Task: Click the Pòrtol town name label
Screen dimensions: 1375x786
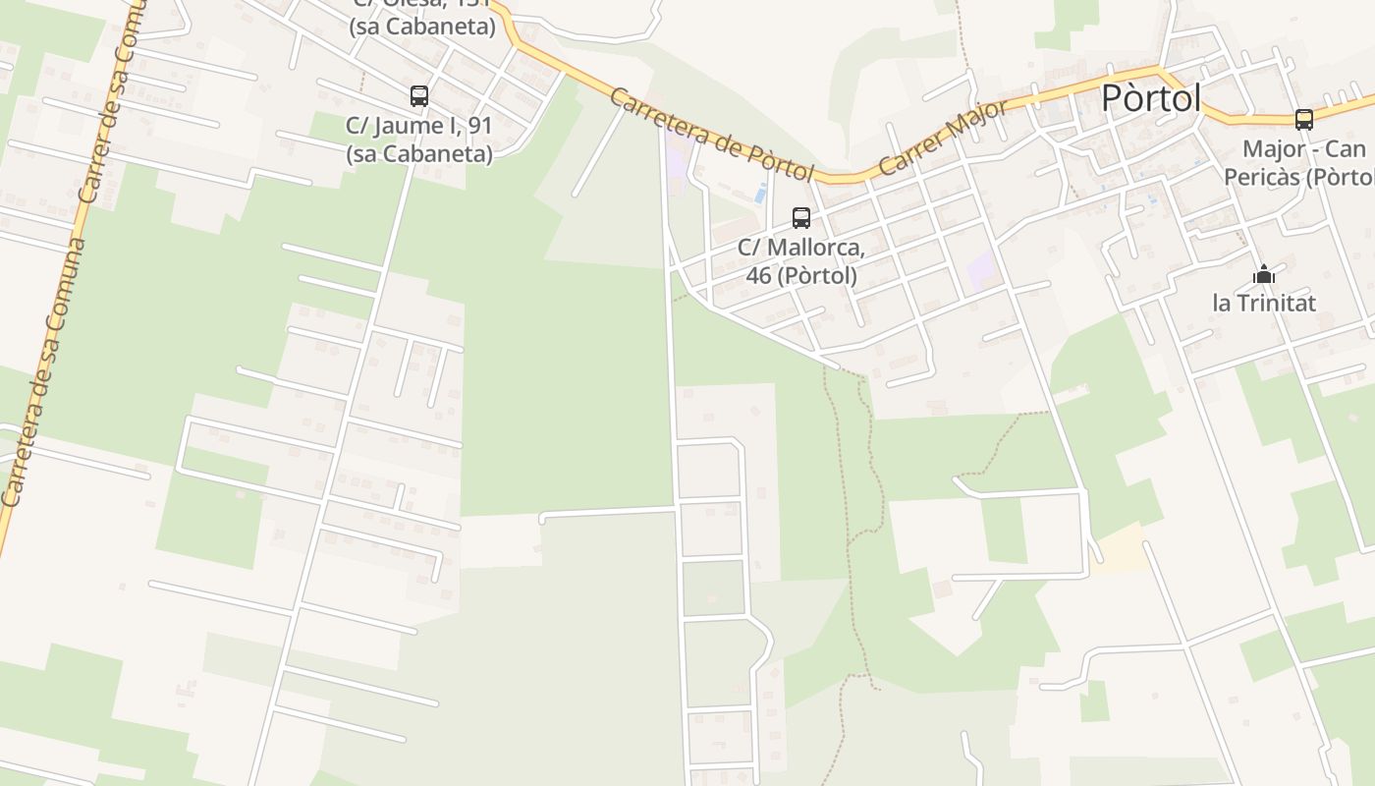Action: coord(1151,98)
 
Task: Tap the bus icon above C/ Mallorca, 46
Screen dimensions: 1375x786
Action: coord(801,218)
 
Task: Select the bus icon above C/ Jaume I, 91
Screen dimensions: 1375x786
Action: coord(419,96)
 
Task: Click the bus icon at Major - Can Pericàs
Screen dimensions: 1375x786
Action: coord(1304,120)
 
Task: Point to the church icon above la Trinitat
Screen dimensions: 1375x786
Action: coord(1264,274)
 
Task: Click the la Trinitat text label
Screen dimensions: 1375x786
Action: coord(1264,303)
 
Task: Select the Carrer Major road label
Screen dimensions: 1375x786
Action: coord(943,138)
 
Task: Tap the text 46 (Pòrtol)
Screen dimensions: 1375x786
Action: coord(801,276)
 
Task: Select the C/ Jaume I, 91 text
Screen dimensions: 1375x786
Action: coord(419,126)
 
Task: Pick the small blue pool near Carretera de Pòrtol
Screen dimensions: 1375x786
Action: coord(762,194)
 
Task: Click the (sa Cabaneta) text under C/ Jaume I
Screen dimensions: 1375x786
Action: coord(419,154)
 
